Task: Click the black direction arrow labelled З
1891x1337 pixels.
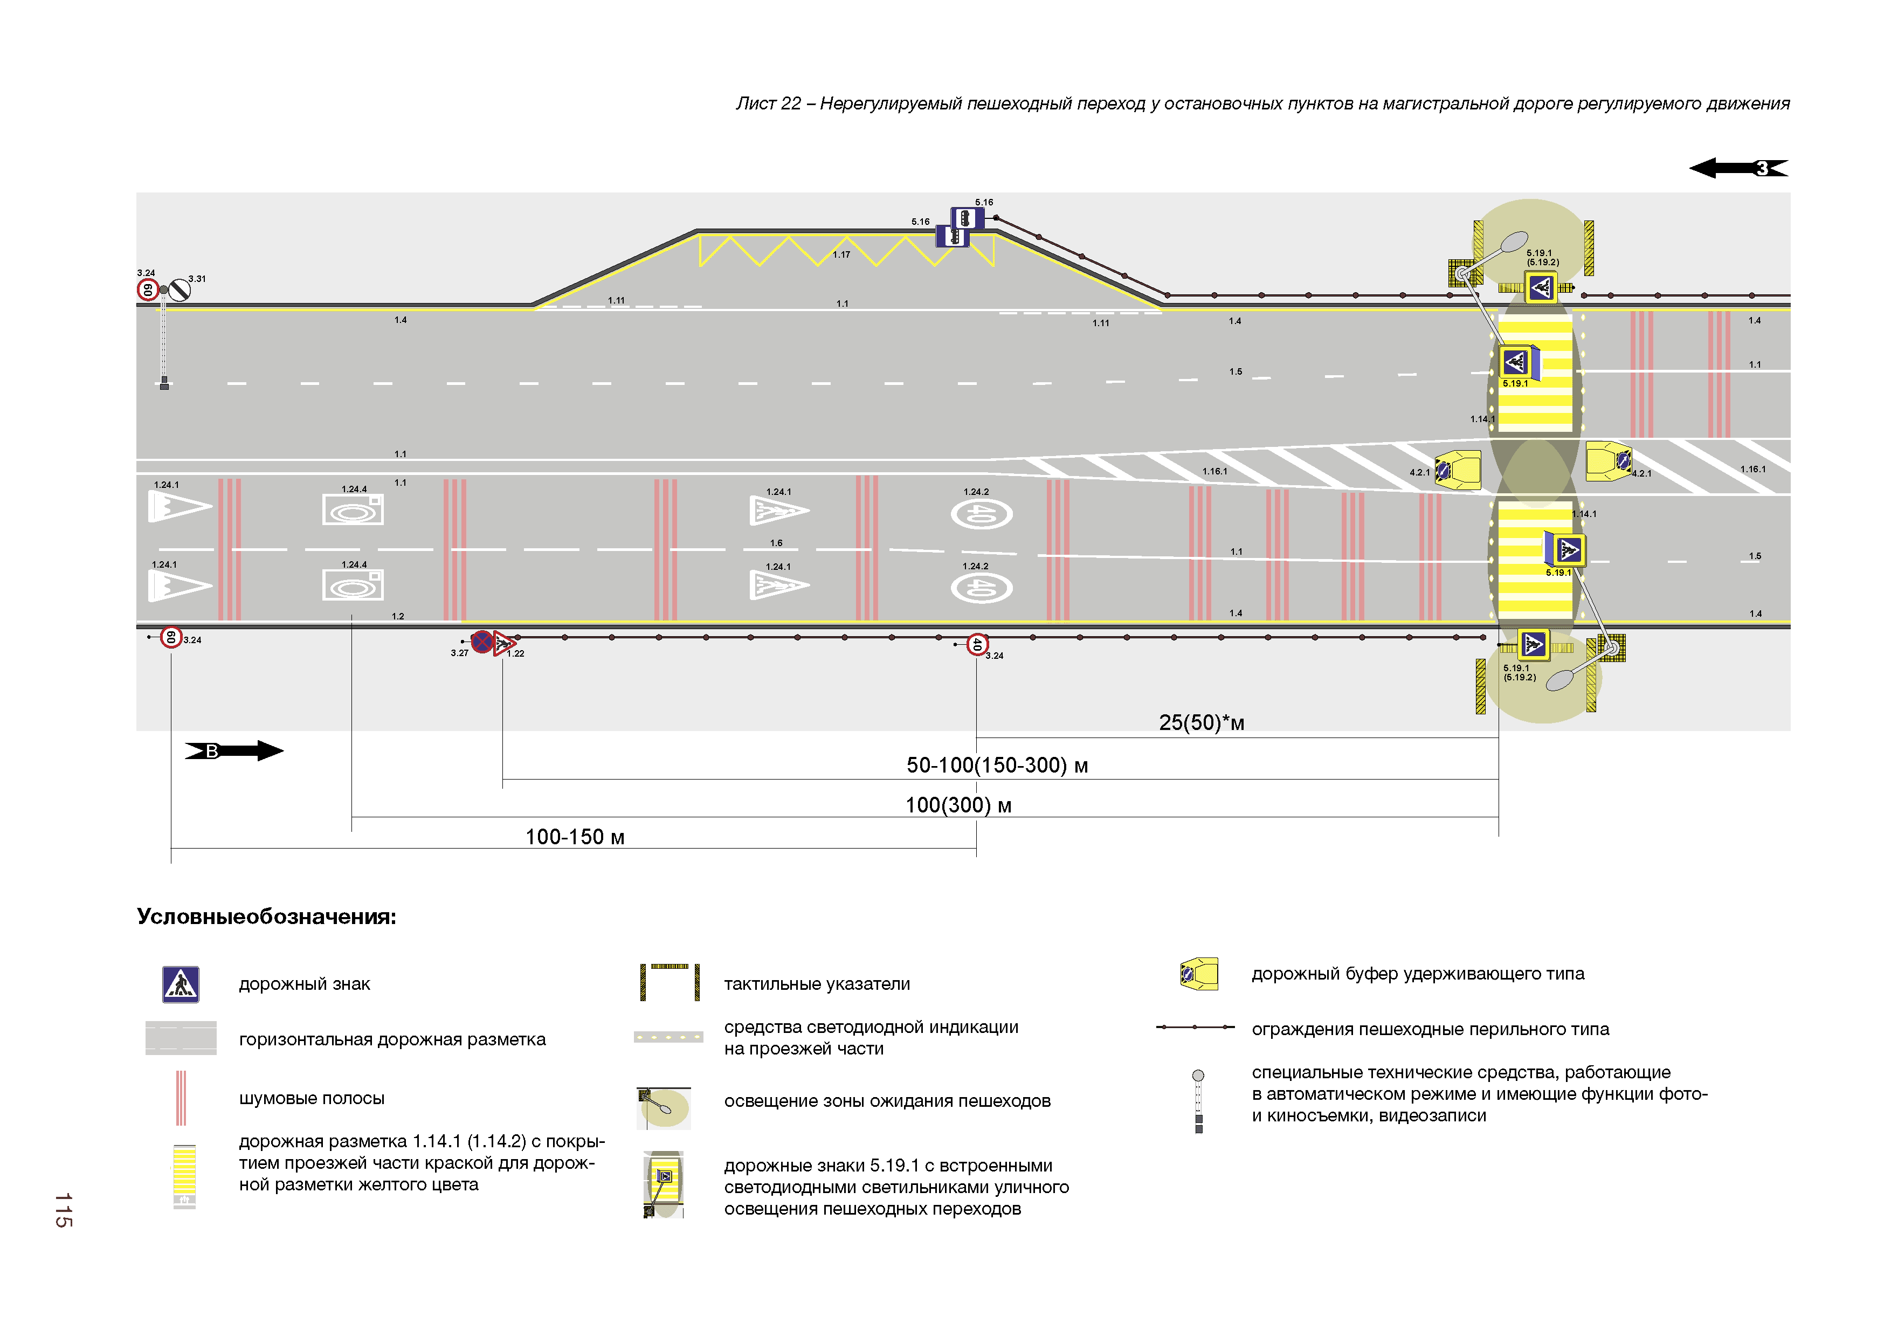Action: (x=1738, y=168)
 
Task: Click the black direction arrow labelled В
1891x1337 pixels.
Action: (x=234, y=750)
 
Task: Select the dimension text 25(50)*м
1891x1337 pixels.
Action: (x=1201, y=722)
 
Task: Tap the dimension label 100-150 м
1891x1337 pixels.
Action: (x=575, y=837)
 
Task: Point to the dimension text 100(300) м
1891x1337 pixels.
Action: (x=958, y=805)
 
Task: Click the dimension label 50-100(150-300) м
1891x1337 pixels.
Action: (x=997, y=766)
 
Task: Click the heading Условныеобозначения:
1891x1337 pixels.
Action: (x=266, y=917)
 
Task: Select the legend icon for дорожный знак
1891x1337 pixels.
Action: (x=181, y=983)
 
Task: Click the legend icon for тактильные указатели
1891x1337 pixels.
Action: (x=670, y=982)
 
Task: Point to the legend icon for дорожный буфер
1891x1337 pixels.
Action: (x=1199, y=974)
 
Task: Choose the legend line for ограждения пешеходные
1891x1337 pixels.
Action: (x=1195, y=1027)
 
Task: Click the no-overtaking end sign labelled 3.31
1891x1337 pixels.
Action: (x=179, y=290)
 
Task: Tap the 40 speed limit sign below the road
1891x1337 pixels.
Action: (x=977, y=644)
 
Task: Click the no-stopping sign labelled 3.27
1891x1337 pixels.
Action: (x=482, y=642)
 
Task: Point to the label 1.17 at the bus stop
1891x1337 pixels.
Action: (x=841, y=254)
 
